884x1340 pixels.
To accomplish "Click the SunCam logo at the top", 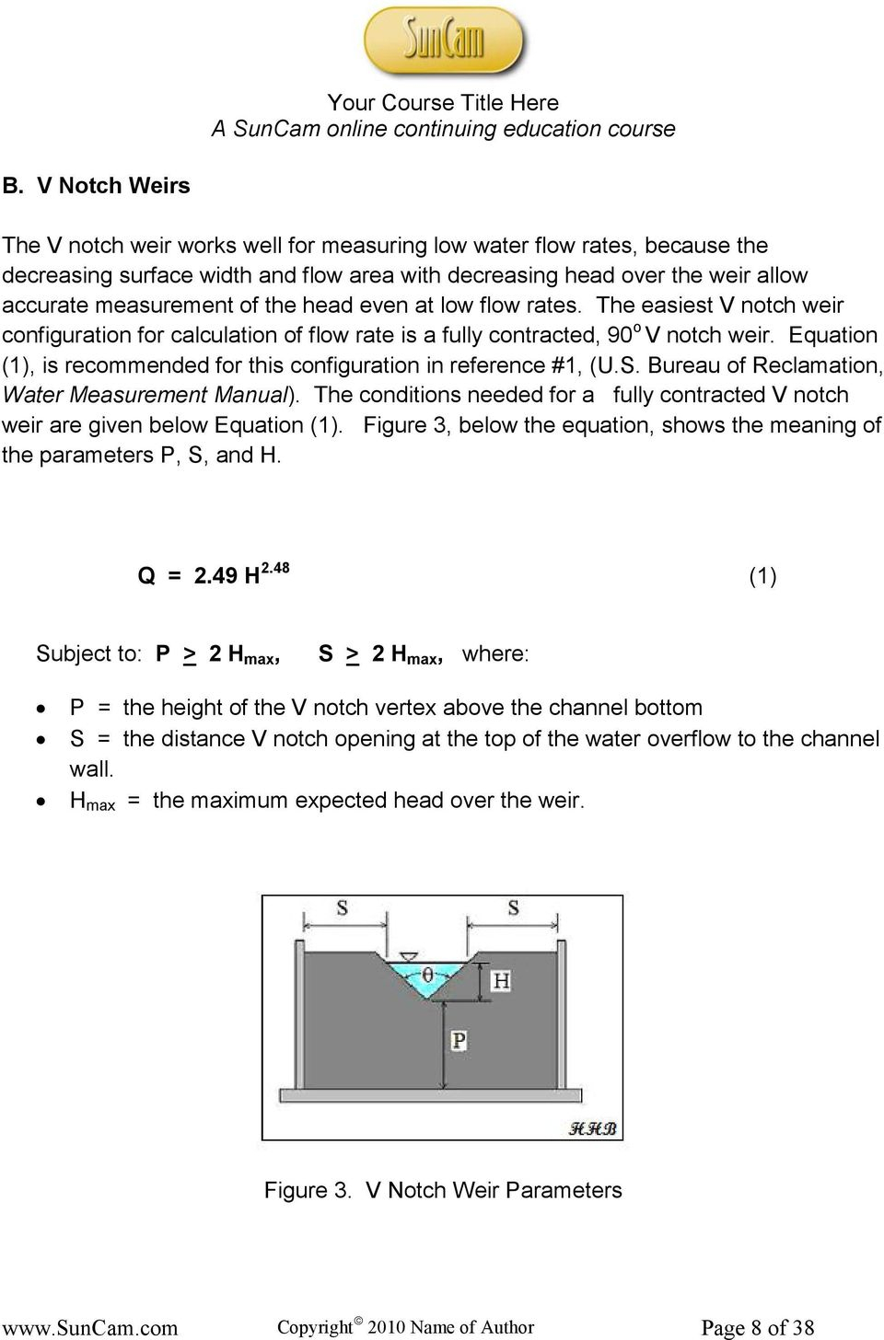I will point(444,41).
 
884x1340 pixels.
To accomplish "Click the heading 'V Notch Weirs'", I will point(112,185).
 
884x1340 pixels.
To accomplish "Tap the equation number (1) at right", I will point(762,577).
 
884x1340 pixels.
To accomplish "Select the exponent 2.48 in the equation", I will point(275,569).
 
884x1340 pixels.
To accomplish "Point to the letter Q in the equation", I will point(146,577).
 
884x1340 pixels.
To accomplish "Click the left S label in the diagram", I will point(342,908).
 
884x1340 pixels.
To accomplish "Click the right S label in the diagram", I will point(513,908).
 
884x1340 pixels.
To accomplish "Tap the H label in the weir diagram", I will point(501,981).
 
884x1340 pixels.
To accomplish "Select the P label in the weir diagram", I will point(459,1041).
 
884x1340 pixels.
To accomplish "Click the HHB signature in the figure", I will point(591,1128).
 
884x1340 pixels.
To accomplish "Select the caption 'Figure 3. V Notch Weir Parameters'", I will point(443,1190).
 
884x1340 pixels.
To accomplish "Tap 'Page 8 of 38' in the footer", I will point(758,1327).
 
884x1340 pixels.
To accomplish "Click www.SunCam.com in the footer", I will point(89,1328).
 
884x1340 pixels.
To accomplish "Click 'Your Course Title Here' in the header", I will point(443,102).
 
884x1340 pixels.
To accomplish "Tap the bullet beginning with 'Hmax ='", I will point(327,801).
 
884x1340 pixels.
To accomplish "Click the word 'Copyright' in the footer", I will point(314,1327).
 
